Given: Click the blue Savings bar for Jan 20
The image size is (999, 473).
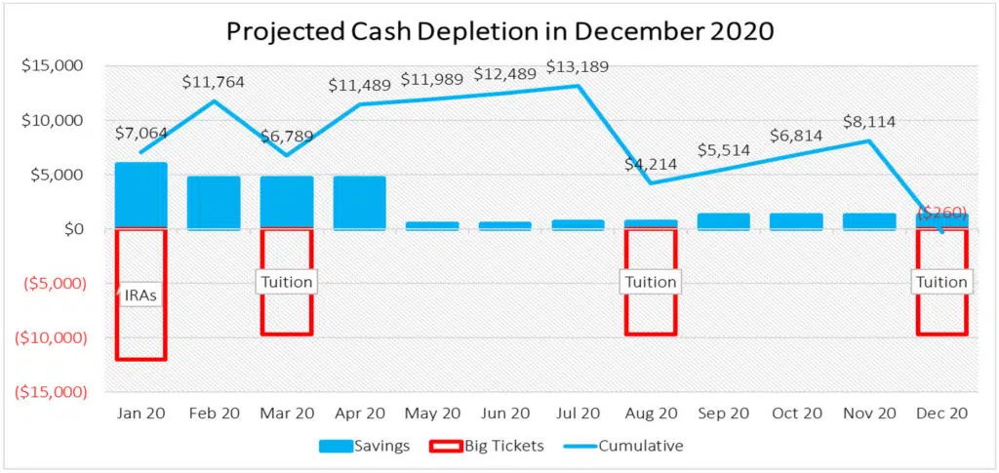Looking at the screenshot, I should (x=141, y=195).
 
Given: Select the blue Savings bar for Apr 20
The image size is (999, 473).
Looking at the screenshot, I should (x=359, y=202).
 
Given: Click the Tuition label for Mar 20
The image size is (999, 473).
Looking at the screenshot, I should (x=287, y=282).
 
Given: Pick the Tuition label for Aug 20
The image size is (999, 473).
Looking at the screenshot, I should (x=650, y=282).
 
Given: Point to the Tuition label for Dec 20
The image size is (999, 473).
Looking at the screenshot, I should (x=940, y=282).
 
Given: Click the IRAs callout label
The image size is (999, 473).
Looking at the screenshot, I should (x=140, y=295).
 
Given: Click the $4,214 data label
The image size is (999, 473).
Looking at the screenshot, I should (x=651, y=164).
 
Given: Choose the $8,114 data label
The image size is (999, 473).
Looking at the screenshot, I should (x=868, y=122).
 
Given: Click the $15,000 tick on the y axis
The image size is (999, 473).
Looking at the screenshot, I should (x=51, y=66).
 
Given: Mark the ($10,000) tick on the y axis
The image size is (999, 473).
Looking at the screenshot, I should (x=46, y=337).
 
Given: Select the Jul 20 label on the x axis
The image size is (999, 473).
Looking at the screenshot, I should (x=578, y=414).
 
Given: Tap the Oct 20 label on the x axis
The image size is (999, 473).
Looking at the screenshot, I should (x=796, y=414).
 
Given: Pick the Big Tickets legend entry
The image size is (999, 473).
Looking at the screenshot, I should (x=494, y=446).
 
